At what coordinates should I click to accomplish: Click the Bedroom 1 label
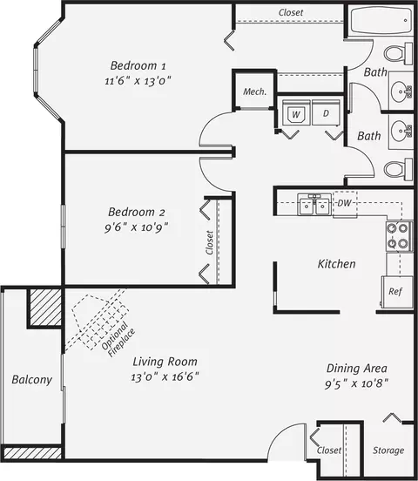pos(138,65)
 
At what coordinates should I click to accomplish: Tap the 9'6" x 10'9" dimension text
pos(137,227)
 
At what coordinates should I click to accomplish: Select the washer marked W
pos(295,112)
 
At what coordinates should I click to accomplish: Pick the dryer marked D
pos(326,112)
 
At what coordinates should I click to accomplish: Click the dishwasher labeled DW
pos(345,204)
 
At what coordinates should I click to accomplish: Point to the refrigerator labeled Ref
pos(397,291)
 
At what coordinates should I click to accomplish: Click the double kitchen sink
pos(314,204)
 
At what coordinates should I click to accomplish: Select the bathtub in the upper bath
pos(381,21)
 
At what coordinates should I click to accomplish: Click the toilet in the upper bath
pos(398,54)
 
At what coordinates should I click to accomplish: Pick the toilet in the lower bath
pos(398,169)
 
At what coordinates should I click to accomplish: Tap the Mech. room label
pos(255,91)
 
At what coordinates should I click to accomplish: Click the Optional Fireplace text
pos(118,340)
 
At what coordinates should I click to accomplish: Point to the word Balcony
pos(32,380)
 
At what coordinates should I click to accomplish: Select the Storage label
pos(388,451)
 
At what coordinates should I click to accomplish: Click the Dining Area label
pos(357,368)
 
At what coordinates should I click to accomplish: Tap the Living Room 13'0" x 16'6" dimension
pos(165,376)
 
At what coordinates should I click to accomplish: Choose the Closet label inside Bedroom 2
pos(210,242)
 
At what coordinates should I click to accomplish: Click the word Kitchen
pos(336,264)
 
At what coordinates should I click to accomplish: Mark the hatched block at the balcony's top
pos(45,308)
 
